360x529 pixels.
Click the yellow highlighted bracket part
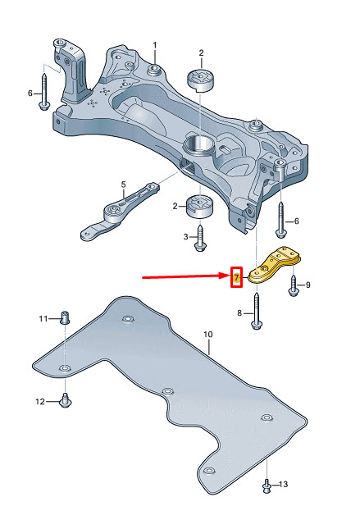pos(274,265)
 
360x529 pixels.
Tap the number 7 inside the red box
pos(236,278)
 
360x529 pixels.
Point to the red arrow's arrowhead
pos(226,276)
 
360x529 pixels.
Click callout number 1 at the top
pos(155,45)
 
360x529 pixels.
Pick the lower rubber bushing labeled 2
pos(200,207)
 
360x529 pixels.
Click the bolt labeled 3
pos(200,238)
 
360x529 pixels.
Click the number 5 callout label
pos(123,185)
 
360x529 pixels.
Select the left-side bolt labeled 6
pos(44,91)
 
